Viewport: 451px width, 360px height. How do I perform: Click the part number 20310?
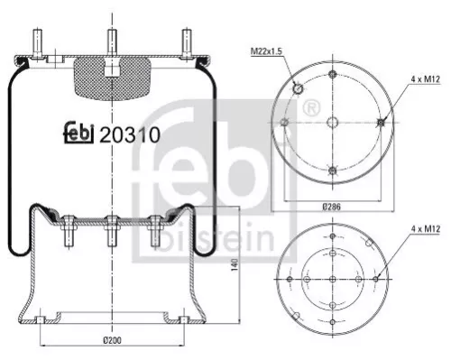[130, 135]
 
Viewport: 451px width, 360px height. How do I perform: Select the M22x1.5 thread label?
[265, 51]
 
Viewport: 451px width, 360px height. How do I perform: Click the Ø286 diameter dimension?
[332, 207]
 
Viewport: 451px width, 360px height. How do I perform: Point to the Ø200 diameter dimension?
[112, 339]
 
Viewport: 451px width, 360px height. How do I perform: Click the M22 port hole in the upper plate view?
[297, 88]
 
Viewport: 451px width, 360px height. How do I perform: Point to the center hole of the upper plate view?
[333, 124]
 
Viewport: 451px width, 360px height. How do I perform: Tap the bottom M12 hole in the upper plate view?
[333, 171]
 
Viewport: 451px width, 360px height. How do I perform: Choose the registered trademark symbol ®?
[311, 109]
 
